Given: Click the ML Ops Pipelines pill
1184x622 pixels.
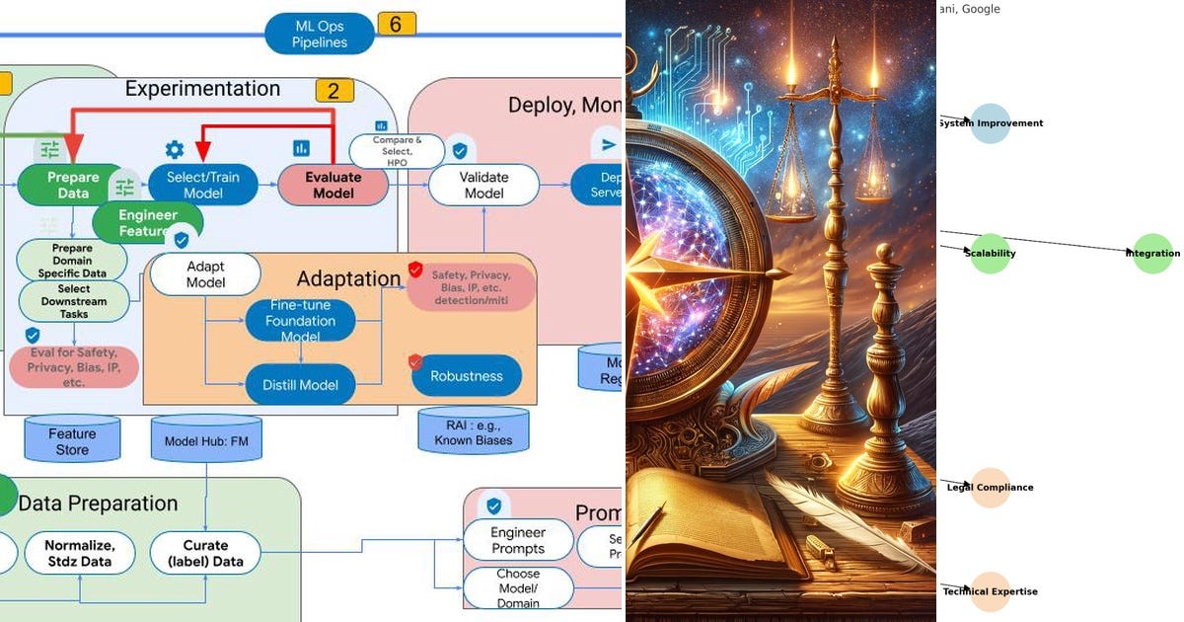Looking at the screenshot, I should point(320,33).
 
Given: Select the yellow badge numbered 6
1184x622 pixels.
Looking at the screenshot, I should point(396,24).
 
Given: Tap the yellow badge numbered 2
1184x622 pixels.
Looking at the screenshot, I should point(334,91).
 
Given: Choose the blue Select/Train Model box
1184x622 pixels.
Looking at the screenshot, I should point(203,185).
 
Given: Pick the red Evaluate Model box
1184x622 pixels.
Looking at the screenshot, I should point(333,185).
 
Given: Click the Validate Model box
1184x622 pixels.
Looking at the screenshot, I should point(483,185).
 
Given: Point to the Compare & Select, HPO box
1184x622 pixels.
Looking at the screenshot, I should point(397,151).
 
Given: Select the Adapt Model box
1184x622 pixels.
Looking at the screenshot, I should point(205,273).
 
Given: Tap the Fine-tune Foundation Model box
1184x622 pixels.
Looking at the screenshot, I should point(300,321).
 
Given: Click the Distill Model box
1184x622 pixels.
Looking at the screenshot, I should point(300,384).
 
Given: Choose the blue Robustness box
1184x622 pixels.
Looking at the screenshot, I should point(467,376).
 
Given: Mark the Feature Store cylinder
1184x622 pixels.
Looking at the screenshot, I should point(72,439).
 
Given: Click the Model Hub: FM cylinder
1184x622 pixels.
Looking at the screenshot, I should point(206,440).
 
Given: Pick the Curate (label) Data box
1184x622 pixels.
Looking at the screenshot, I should point(205,553).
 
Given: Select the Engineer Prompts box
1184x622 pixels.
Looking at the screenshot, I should point(518,540).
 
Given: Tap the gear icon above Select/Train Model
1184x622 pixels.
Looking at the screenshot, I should point(175,149).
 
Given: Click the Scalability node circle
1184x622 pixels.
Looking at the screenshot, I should point(991,254).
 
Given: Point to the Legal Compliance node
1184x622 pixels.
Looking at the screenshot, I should point(991,488).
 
